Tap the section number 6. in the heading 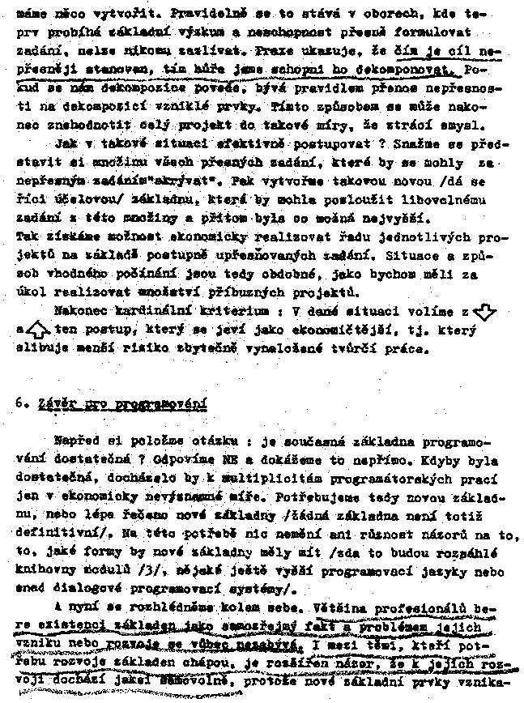coord(21,403)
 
